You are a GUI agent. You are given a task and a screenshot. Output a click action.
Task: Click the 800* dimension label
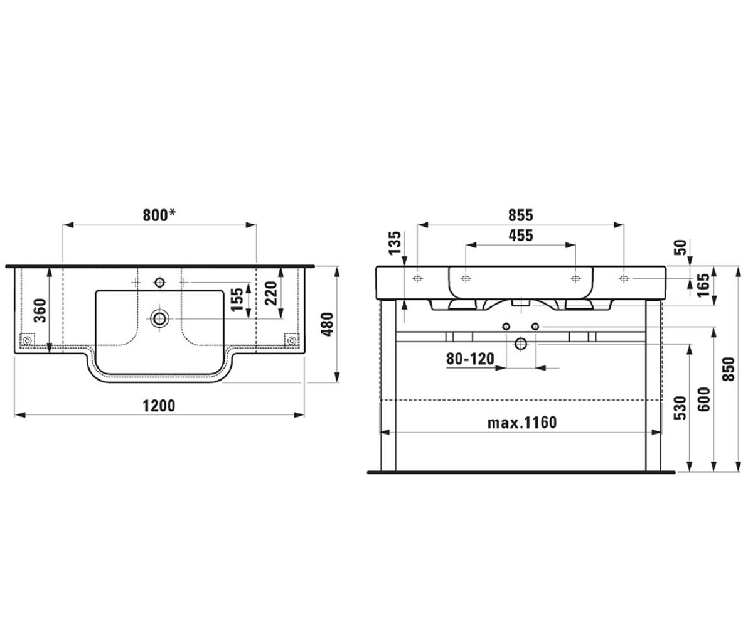coord(159,215)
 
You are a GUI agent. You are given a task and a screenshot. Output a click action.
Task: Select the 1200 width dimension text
coord(159,406)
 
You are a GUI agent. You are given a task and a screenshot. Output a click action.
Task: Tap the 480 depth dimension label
coord(328,325)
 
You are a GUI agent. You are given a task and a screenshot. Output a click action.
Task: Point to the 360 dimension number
coord(40,310)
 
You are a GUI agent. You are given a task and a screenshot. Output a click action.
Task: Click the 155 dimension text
coord(237,300)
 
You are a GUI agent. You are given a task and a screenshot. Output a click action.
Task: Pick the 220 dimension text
coord(271,293)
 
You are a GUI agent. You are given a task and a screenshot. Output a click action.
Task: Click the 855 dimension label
coord(521,215)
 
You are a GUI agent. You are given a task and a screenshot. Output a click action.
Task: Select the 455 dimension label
coord(521,235)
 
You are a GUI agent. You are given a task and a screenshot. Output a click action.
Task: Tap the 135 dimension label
coord(395,243)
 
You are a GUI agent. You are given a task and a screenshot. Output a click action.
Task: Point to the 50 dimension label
coord(680,247)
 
